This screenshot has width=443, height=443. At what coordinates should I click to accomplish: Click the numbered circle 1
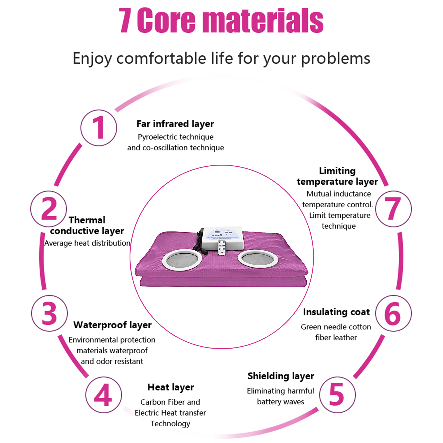point(99,128)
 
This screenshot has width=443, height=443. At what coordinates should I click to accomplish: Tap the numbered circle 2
point(49,209)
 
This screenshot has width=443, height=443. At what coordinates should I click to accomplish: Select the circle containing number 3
point(49,313)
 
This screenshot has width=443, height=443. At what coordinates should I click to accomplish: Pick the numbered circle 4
point(103,395)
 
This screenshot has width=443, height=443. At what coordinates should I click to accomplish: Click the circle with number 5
point(337,395)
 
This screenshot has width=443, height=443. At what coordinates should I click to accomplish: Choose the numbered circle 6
point(393,313)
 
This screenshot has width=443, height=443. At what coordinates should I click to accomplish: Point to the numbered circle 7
point(393,209)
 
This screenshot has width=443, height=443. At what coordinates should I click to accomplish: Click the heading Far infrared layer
point(175,124)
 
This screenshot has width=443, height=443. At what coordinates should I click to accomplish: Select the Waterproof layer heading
point(112,325)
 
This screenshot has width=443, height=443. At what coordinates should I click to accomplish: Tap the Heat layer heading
point(171,387)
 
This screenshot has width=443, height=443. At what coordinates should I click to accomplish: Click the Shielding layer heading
point(281,376)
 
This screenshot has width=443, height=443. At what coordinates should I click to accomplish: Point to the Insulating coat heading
point(336,312)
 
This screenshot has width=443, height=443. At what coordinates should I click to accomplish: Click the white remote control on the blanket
point(222,247)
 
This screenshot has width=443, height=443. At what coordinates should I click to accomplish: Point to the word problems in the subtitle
point(336,59)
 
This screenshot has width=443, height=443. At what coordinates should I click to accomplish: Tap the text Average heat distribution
point(87,243)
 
